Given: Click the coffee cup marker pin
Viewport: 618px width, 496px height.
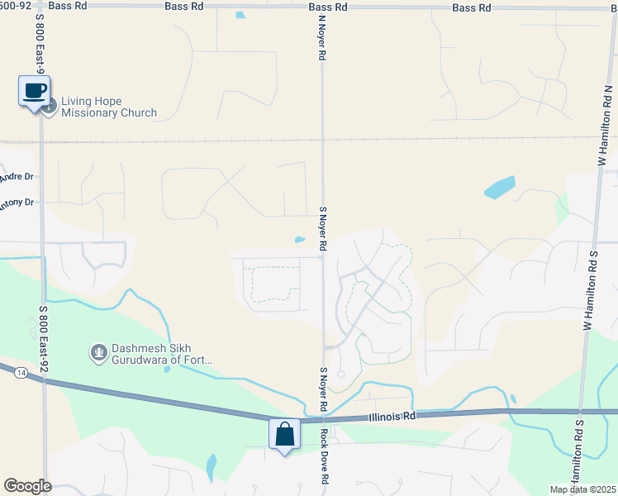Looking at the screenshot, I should [35, 91].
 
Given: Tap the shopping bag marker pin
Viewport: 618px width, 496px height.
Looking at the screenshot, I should [284, 435].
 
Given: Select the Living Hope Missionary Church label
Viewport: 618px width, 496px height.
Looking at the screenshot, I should [108, 107].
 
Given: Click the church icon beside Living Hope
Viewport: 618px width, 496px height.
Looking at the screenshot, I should [50, 105].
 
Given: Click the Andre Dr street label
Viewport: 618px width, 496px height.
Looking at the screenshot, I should [17, 177].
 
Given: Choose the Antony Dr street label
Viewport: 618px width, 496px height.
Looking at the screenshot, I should [17, 202].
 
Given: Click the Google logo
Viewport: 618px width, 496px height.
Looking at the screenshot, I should [27, 486].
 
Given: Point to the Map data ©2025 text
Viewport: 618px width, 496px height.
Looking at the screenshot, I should [582, 489].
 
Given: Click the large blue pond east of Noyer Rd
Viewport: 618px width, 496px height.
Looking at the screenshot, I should [499, 188].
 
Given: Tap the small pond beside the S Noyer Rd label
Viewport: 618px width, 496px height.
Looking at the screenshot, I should [299, 241].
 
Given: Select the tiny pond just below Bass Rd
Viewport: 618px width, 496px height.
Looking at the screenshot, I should [240, 15].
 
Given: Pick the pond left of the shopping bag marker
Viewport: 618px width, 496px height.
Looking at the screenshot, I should [211, 468].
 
